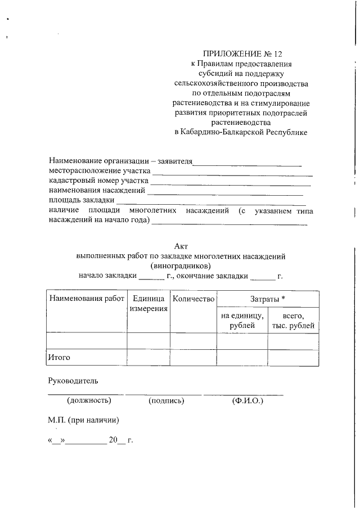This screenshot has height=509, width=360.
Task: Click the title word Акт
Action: point(181,246)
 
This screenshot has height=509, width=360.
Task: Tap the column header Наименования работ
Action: point(86,299)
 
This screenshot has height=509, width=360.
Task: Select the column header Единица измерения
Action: point(148,304)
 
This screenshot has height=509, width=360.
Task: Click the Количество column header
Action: point(193,299)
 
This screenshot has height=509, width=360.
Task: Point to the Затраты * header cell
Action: point(268,299)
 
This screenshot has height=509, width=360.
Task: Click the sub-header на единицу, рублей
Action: point(242,321)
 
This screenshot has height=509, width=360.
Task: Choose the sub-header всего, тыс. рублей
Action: point(294,321)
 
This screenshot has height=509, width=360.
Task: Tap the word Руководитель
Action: point(73,380)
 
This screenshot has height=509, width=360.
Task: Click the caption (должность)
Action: point(88,400)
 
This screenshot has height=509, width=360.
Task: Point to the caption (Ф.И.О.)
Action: point(247,400)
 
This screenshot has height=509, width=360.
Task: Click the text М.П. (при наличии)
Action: point(84,420)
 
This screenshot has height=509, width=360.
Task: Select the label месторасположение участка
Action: point(99,172)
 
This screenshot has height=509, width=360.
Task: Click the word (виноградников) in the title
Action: point(181,265)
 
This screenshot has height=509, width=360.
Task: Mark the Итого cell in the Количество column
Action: point(193,357)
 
